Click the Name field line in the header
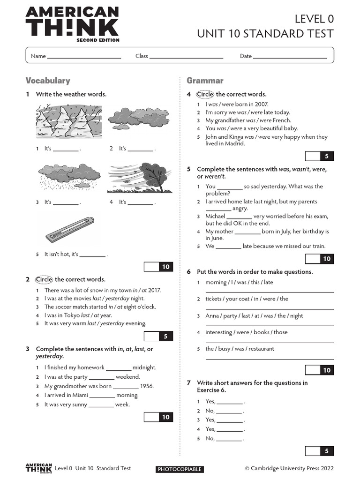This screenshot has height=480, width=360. tap(84, 57)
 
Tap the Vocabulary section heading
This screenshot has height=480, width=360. tap(48, 81)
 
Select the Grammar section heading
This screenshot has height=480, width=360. tap(205, 81)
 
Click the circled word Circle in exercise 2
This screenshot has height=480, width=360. tap(44, 280)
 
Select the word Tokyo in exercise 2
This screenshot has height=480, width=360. tap(73, 315)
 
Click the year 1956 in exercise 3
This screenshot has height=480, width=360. tap(147, 387)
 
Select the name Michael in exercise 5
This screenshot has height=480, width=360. tap(215, 216)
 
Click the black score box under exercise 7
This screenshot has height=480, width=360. tap(327, 451)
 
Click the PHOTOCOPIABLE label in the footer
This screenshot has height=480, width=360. tap(180, 469)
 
